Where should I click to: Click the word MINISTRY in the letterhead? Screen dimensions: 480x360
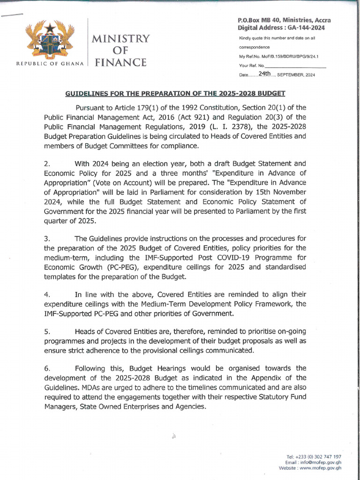click(120, 38)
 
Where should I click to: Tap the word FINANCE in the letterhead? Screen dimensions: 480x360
click(120, 62)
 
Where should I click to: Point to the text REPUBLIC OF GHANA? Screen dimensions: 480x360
click(50, 63)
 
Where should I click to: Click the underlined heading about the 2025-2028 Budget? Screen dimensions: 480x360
click(175, 93)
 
